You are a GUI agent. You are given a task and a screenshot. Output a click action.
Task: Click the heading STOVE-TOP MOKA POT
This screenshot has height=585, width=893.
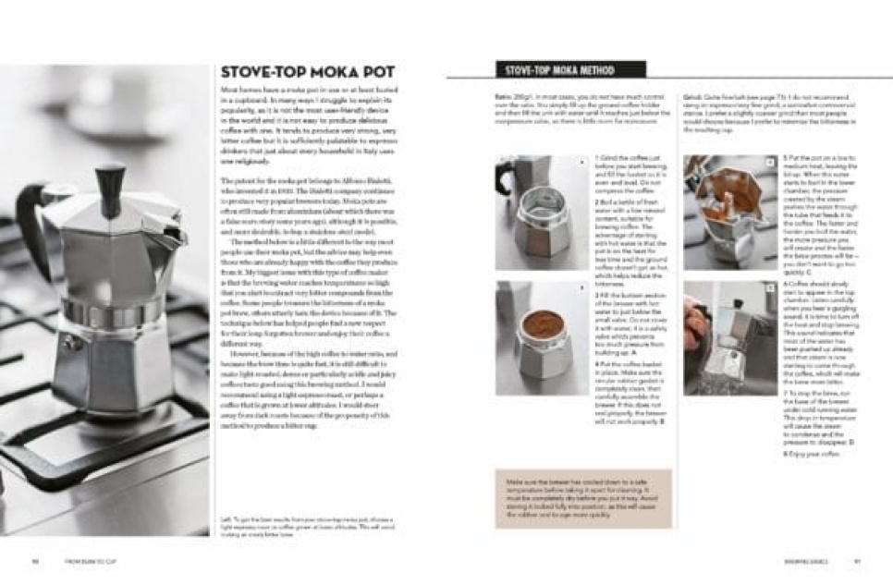coord(307,72)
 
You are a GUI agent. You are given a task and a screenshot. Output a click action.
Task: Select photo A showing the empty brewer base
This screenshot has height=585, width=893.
coord(543,213)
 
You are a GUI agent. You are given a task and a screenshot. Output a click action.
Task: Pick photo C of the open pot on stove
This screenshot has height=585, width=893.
coord(730,213)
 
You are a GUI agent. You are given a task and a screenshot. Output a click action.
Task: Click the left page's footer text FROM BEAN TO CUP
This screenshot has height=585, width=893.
coord(90,561)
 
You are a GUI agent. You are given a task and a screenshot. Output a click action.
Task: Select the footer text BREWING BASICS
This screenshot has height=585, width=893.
coord(796,561)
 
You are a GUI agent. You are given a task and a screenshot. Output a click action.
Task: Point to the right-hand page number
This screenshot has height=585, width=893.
coord(857,561)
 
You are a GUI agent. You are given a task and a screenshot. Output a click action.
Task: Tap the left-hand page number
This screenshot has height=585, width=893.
coord(34,561)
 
